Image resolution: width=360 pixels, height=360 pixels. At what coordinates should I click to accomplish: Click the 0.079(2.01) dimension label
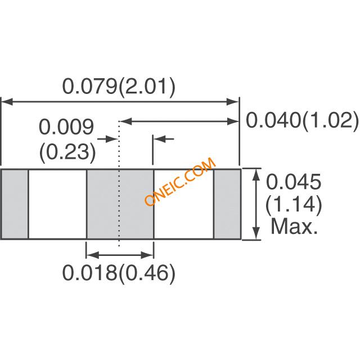(119, 87)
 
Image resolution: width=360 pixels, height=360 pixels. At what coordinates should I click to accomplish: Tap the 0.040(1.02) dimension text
(302, 120)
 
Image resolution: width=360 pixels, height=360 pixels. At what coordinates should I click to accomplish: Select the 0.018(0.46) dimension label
(119, 273)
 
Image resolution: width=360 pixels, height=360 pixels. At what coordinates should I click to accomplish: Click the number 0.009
(66, 127)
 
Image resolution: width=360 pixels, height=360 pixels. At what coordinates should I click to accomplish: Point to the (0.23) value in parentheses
(67, 152)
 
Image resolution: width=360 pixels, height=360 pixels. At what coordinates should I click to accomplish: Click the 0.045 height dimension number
(294, 181)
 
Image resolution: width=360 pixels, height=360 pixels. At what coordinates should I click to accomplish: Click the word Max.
(294, 226)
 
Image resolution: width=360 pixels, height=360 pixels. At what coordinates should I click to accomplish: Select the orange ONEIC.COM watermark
(180, 181)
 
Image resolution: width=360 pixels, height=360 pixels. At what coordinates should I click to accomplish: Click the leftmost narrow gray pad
(15, 204)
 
